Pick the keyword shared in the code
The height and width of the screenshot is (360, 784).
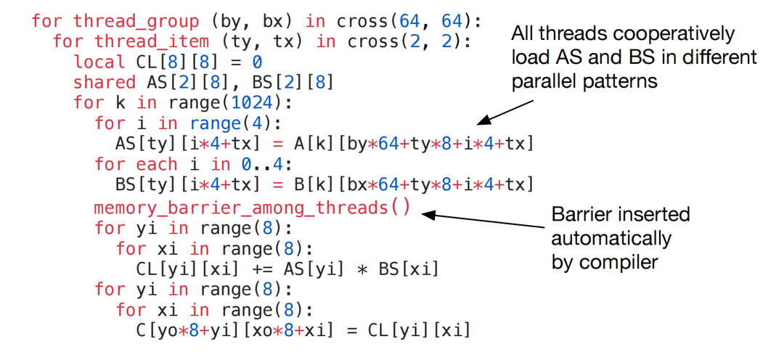[105, 82]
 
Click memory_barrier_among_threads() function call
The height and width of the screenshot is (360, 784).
[252, 208]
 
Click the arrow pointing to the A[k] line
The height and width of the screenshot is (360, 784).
[508, 113]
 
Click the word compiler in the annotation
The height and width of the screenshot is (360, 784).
[625, 262]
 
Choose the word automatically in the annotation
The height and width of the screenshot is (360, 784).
[611, 238]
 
